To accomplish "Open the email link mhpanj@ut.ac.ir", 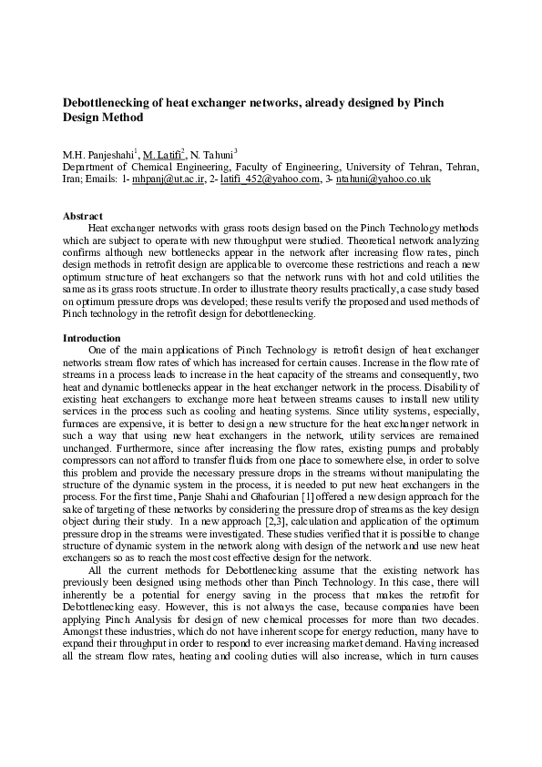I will [163, 179].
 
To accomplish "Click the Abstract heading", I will [82, 216].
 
